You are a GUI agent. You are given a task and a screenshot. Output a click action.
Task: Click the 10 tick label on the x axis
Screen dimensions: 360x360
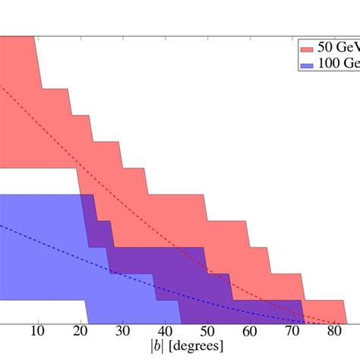[x=37, y=332]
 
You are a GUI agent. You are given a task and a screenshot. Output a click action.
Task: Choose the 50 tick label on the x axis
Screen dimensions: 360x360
[x=207, y=332]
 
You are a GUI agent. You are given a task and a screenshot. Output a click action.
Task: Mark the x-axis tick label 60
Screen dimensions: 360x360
[x=250, y=332]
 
